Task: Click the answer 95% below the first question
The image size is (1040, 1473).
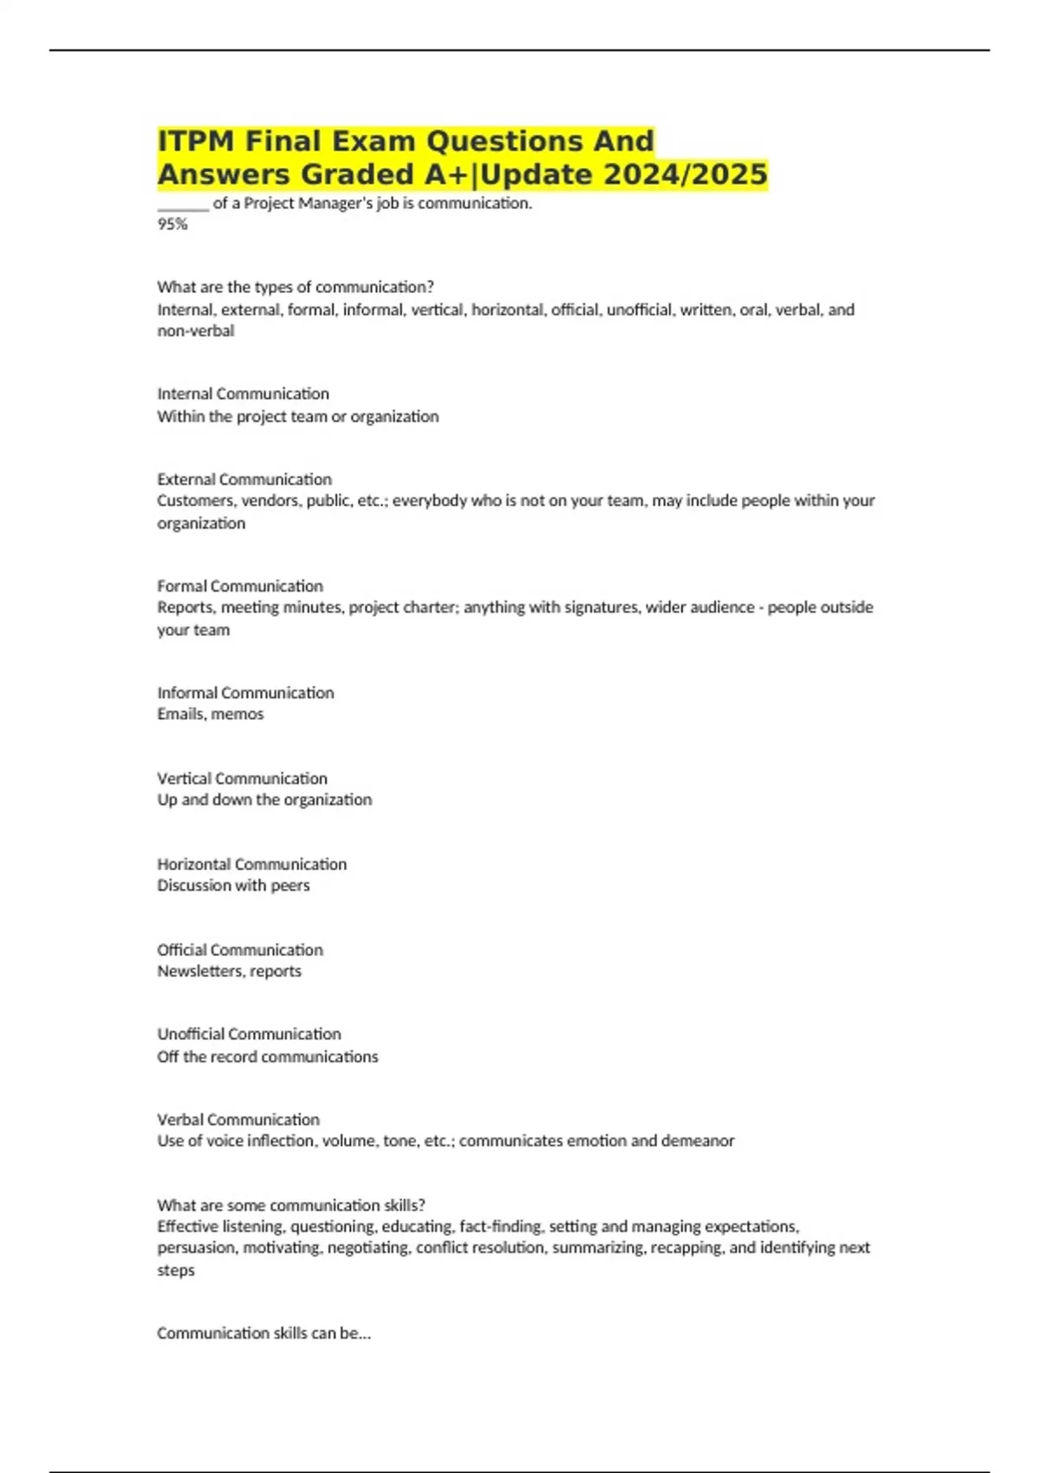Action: coord(172,224)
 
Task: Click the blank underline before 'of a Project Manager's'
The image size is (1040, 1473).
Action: coord(183,204)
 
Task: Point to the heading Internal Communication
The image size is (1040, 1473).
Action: coord(243,393)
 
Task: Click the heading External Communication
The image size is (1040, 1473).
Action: coord(244,479)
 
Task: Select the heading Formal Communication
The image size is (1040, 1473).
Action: coord(240,586)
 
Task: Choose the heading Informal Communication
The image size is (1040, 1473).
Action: coord(245,692)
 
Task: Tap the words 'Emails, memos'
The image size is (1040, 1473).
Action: coord(211,714)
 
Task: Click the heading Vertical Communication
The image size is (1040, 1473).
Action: coord(242,778)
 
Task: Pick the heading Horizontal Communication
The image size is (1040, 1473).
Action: coord(251,864)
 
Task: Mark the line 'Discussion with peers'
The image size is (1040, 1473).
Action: coord(233,886)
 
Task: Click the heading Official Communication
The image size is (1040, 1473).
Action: coord(240,950)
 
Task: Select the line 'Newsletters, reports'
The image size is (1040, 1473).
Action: coord(229,971)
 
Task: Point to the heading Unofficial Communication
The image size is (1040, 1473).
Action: coord(249,1034)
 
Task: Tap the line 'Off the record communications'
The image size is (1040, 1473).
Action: coord(267,1056)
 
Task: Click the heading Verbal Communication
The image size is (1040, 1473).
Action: coord(238,1119)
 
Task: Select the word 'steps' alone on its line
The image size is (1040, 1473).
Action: coord(176,1270)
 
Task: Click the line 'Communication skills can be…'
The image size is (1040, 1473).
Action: coord(263,1333)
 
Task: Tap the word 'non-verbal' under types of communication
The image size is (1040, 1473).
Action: coord(196,331)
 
